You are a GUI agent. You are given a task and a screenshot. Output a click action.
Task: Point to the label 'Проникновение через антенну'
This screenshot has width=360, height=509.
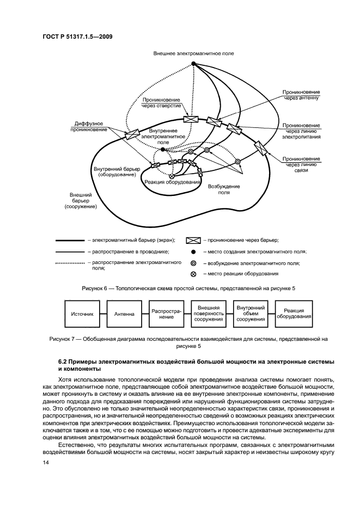point(301,96)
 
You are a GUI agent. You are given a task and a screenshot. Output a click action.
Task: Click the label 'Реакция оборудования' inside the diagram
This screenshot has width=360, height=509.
point(172,182)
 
